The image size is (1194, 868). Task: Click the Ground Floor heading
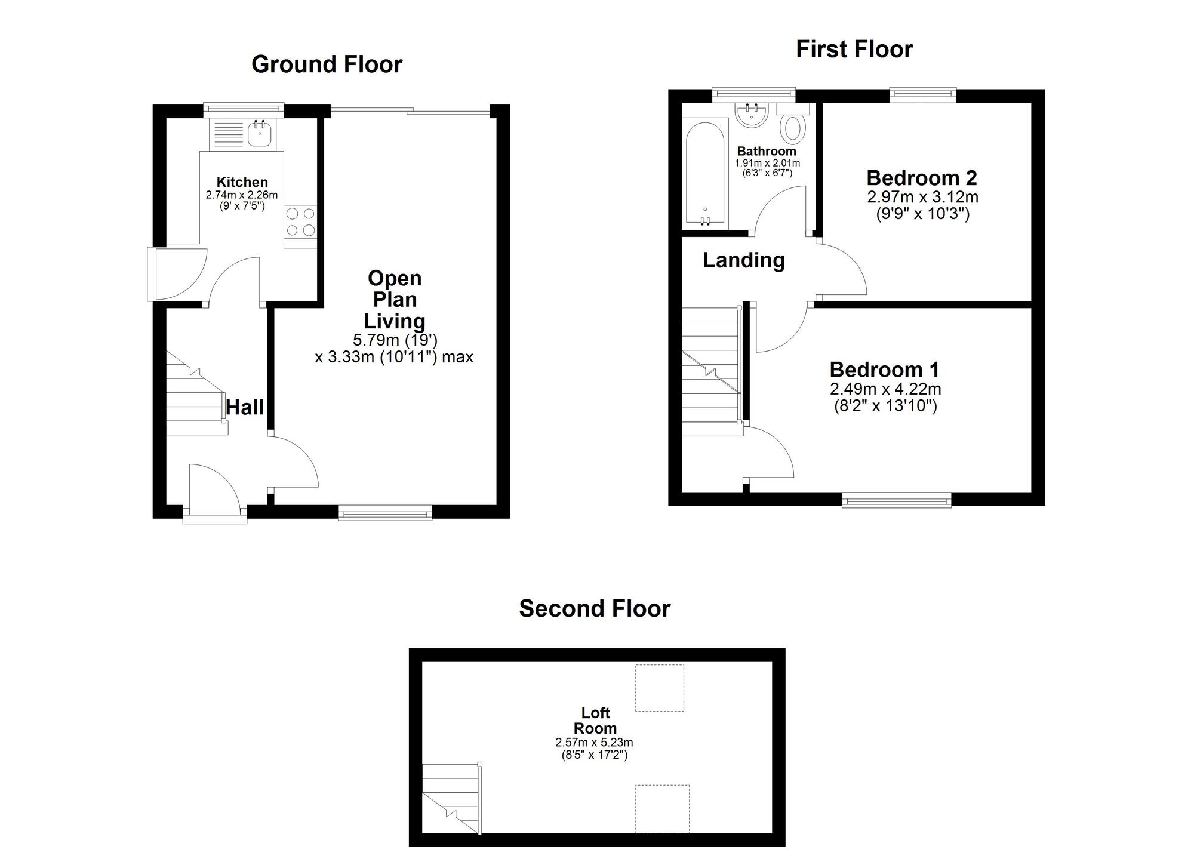327,64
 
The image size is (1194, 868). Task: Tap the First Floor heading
854,50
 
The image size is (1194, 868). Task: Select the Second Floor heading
595,609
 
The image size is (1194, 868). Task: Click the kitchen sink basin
260,134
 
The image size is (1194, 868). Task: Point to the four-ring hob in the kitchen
300,221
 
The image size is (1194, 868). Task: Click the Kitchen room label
242,182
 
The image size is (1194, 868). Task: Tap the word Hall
245,408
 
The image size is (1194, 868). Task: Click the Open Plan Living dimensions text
394,349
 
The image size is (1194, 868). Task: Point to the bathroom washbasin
751,116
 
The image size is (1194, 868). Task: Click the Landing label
743,260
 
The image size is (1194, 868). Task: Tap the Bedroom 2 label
922,178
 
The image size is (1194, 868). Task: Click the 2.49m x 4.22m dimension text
885,389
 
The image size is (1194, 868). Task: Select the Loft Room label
595,721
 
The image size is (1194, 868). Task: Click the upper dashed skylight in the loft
659,688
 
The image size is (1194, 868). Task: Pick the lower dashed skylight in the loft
662,808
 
